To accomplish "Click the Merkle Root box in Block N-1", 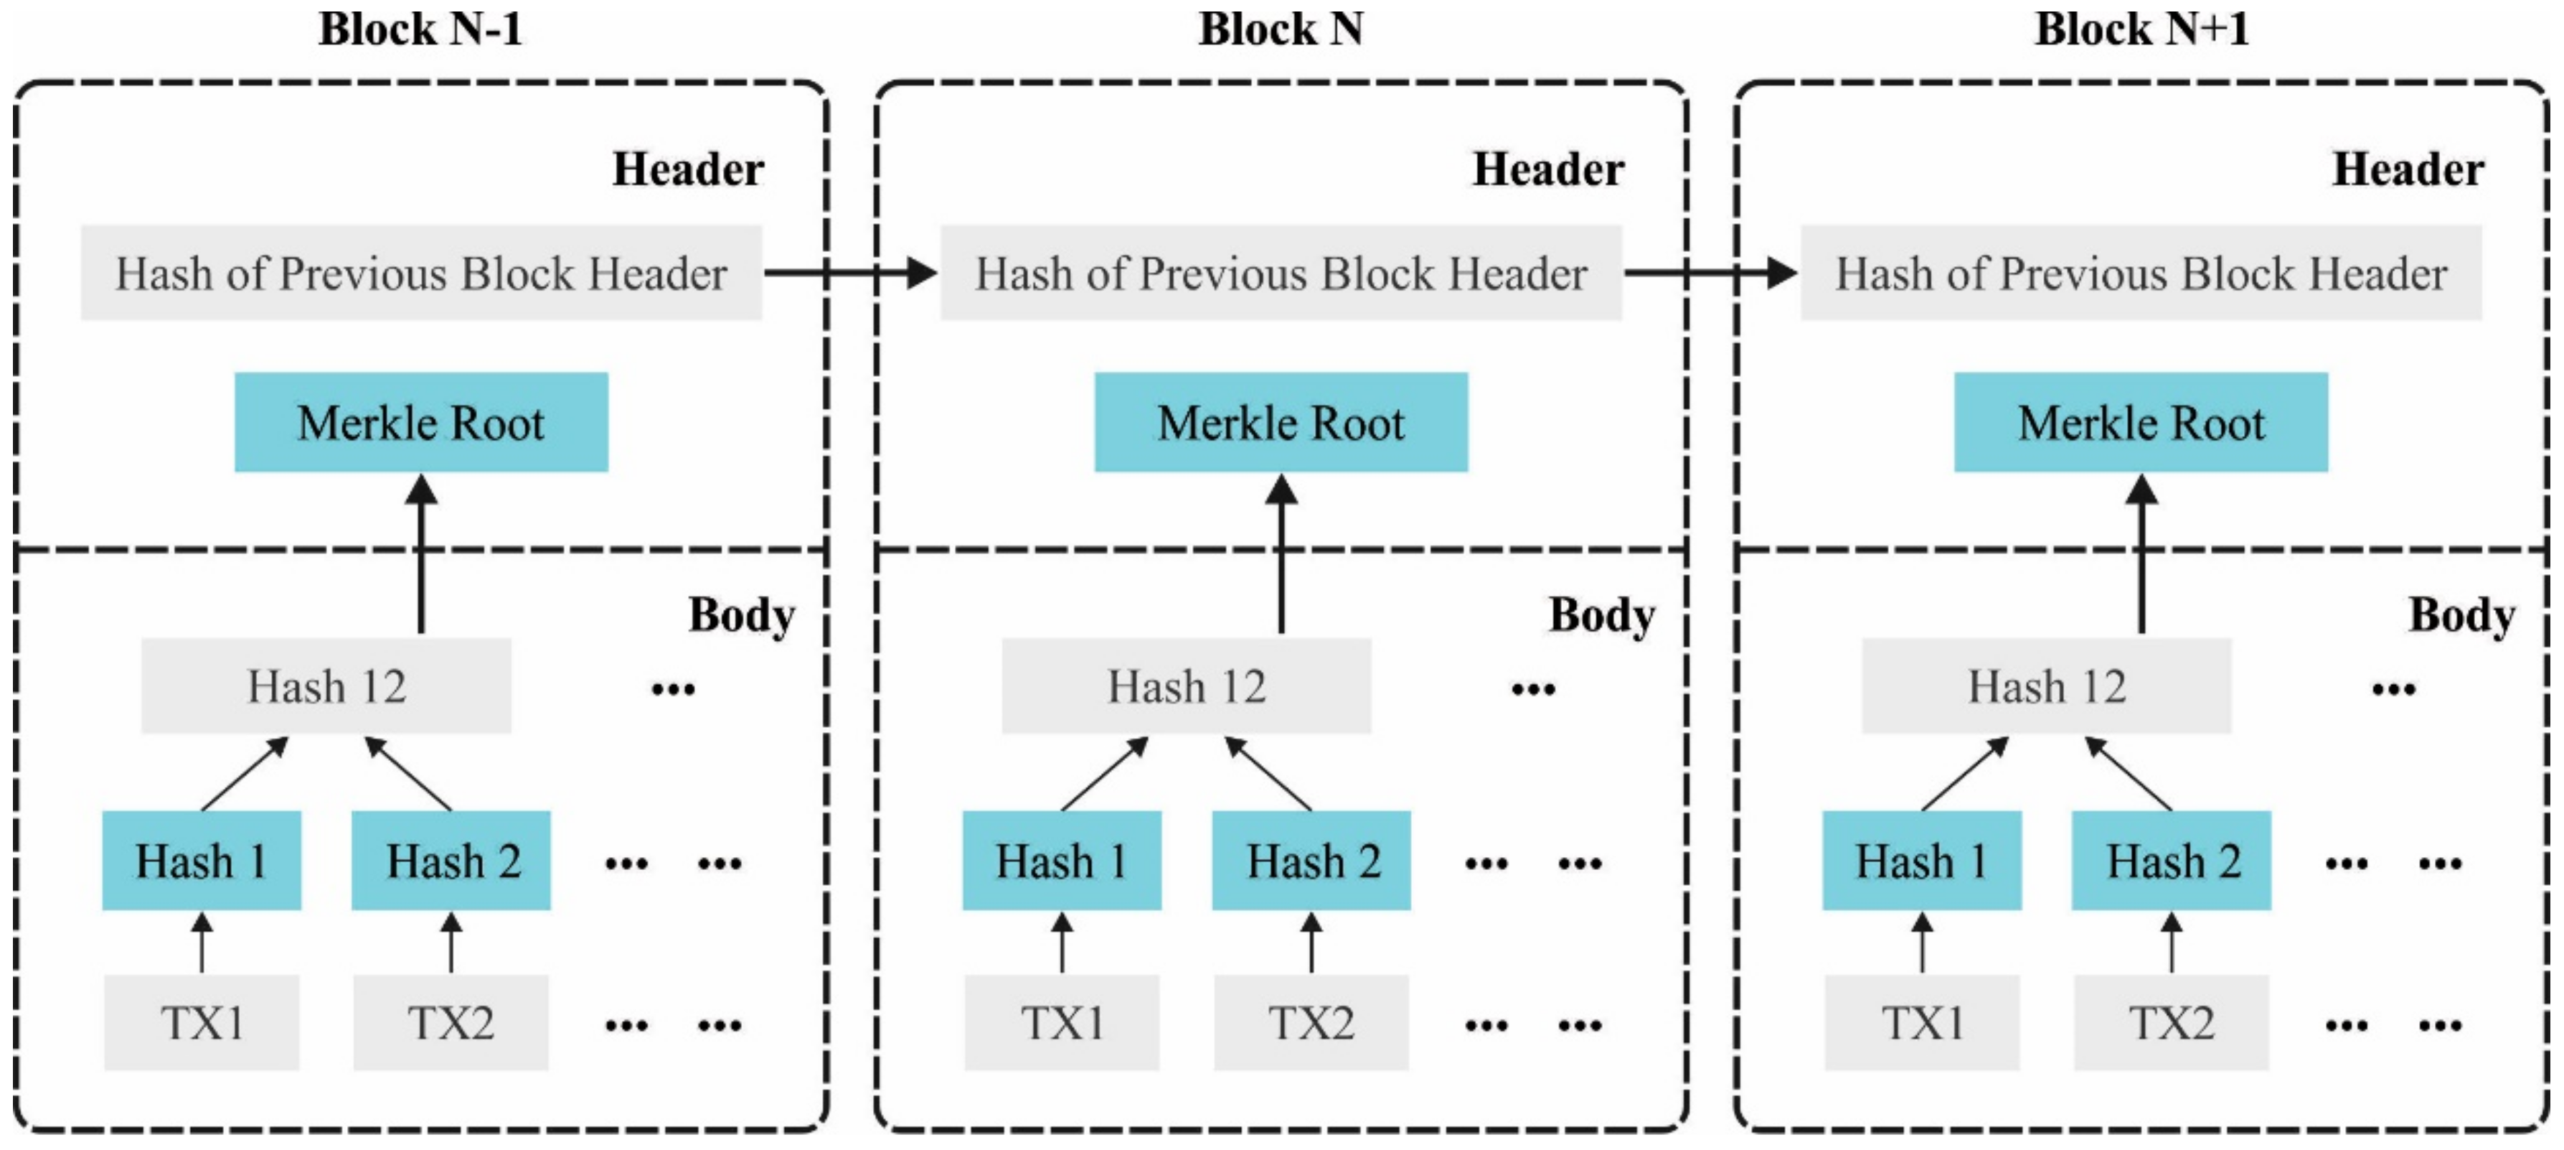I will coord(421,422).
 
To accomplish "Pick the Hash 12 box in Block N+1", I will coord(2047,686).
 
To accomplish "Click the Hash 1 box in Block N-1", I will coord(201,860).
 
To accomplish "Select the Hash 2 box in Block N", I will coord(1311,860).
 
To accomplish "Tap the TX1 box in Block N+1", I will coord(1921,1022).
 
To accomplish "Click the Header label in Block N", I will coord(1547,169).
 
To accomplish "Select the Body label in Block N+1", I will coord(2461,615).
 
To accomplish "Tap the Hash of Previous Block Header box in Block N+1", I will coord(2141,273).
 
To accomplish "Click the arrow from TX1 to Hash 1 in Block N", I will coord(1062,943).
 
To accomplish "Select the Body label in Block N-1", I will coord(742,615).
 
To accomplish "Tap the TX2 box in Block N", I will coord(1310,1022).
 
